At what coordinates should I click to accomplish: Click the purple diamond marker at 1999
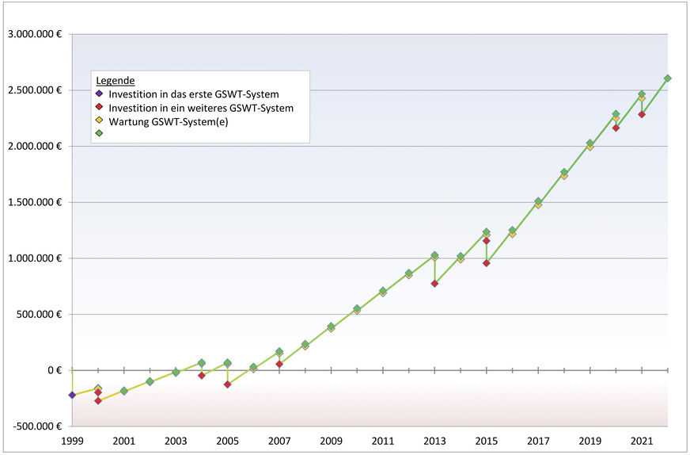72,395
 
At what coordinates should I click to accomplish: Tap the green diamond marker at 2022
668,78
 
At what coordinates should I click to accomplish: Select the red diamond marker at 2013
434,283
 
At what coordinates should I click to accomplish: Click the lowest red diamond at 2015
487,263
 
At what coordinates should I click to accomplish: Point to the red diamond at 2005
227,384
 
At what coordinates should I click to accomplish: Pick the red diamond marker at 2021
642,114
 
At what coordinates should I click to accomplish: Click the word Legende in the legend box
115,81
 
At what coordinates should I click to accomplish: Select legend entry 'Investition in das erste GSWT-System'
193,94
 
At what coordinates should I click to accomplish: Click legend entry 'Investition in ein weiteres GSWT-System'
201,108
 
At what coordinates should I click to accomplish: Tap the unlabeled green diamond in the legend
100,133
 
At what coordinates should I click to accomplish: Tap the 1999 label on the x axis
72,441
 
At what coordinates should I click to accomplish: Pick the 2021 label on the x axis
642,441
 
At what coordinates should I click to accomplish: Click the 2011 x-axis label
383,441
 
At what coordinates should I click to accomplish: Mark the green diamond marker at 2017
538,201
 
